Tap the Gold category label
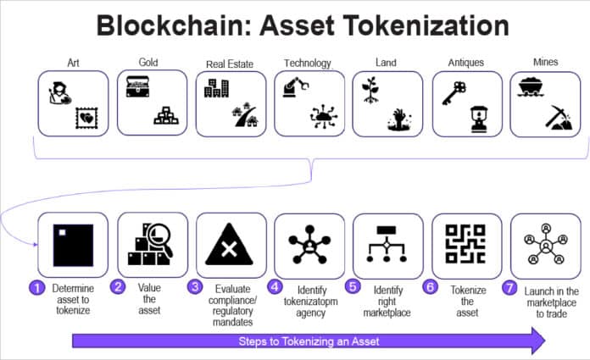(x=149, y=62)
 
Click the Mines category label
(x=546, y=62)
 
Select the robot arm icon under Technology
(x=293, y=89)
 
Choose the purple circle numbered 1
(x=36, y=287)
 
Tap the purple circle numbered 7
(x=509, y=287)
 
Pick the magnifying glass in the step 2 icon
(x=160, y=233)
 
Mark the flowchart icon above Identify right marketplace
(x=387, y=245)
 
